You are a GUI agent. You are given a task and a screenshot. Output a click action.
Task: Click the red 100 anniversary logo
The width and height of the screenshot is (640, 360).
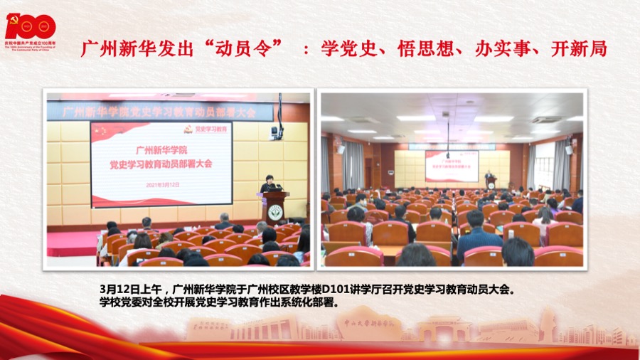(x=30, y=28)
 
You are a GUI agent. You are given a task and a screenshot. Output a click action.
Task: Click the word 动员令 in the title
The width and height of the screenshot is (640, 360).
(x=244, y=49)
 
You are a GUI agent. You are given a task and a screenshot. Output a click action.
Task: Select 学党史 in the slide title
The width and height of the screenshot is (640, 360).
(x=345, y=49)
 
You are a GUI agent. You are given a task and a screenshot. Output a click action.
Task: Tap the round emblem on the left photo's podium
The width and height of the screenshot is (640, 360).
(x=274, y=211)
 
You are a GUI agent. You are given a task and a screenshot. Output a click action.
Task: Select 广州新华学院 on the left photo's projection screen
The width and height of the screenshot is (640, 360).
(x=161, y=151)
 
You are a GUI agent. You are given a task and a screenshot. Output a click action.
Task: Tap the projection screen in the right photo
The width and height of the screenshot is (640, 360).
(x=452, y=165)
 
